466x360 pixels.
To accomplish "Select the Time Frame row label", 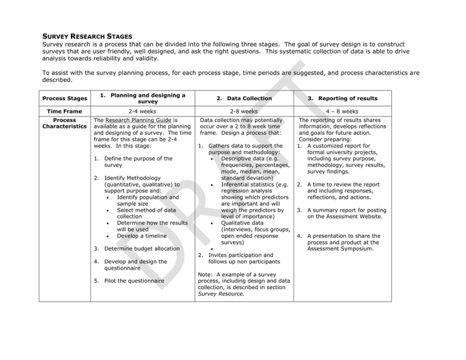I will [63, 112].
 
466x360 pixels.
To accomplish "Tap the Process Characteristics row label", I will [63, 124].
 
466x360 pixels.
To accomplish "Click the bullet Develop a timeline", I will [141, 236].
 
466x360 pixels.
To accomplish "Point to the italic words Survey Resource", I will [220, 294].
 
